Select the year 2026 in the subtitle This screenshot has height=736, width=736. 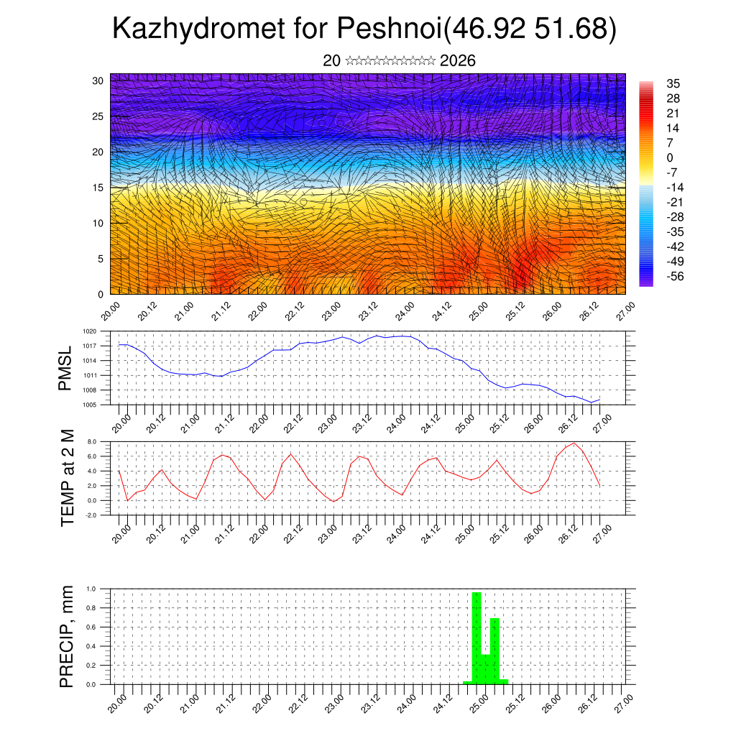coord(457,60)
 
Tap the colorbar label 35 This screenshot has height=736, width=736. coord(673,83)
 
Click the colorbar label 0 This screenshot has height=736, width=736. coord(670,157)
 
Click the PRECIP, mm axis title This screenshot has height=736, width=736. coord(67,635)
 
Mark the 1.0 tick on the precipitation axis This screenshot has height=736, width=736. coord(92,589)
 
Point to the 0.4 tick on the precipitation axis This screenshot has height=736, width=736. coord(92,646)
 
